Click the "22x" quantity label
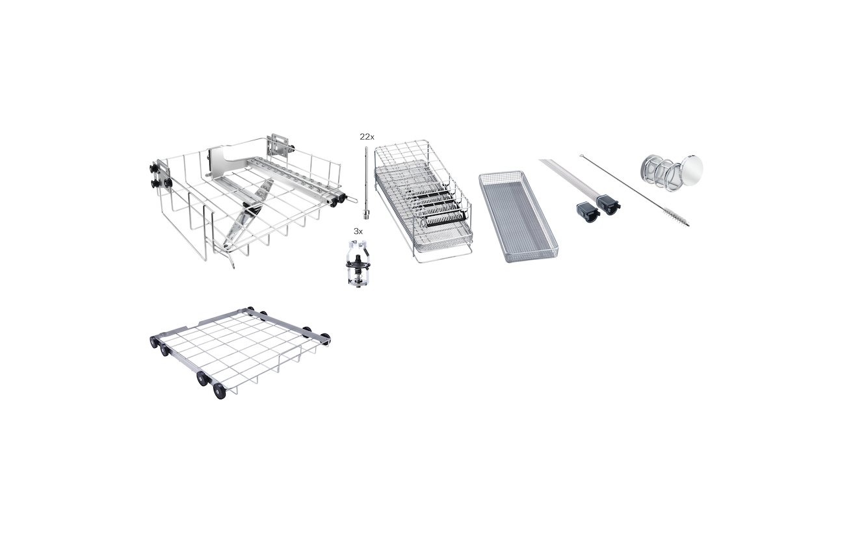click(367, 136)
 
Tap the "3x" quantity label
click(358, 231)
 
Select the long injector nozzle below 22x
click(367, 183)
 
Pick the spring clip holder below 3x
click(357, 263)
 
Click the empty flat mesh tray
click(518, 216)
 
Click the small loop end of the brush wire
click(582, 156)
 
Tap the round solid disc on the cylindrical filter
click(692, 167)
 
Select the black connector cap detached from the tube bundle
click(588, 213)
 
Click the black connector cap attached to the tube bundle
click(609, 205)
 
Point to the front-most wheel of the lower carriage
click(219, 391)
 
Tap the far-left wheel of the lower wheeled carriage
click(154, 341)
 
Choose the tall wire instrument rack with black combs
click(423, 201)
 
